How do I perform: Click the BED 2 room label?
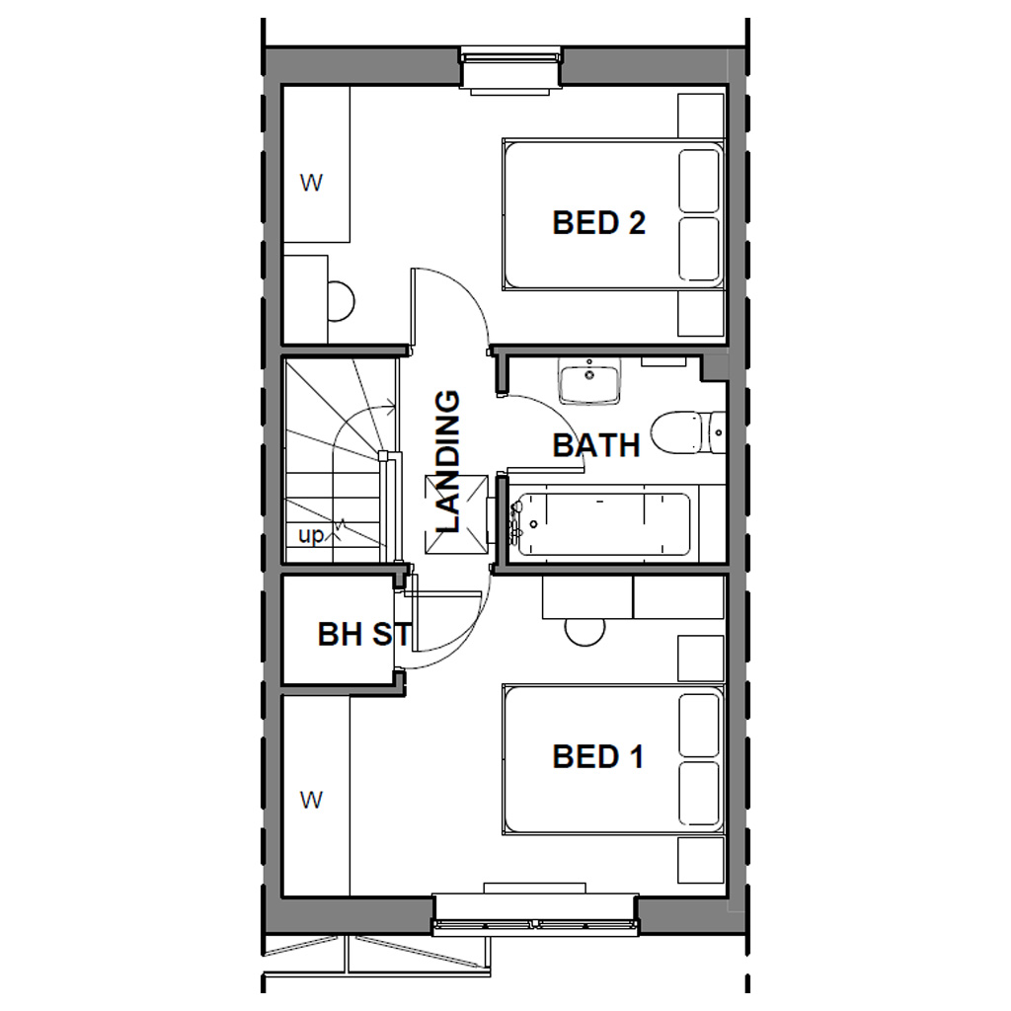(598, 222)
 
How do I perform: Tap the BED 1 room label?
(598, 757)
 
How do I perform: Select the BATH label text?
(595, 445)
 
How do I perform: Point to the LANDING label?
(448, 461)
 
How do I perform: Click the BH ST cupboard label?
(363, 634)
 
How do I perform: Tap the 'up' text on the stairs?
(311, 536)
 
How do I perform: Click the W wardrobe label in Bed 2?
(312, 183)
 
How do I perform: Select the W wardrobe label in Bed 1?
(312, 800)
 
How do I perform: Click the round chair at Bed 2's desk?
(341, 302)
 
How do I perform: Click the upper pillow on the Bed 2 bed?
(700, 179)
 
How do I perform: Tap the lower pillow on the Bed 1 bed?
(700, 793)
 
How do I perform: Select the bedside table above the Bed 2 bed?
(701, 116)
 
